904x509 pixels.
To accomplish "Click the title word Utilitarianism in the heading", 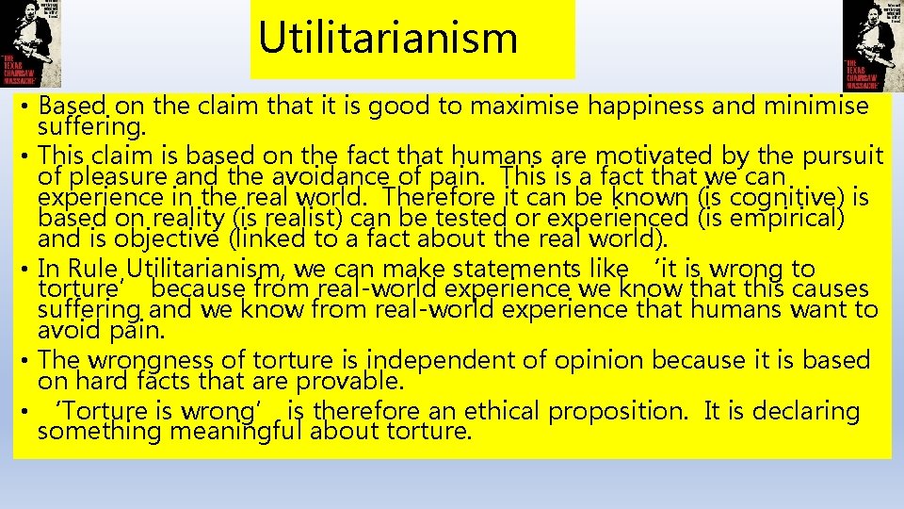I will click(x=388, y=38).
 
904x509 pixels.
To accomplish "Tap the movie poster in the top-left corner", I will click(x=30, y=44).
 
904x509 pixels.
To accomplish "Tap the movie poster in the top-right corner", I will click(x=872, y=44).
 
